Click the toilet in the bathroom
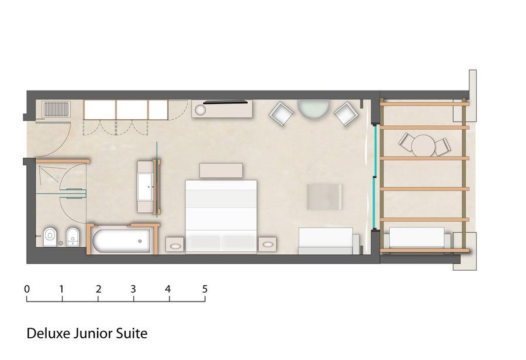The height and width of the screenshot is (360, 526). coord(50,237)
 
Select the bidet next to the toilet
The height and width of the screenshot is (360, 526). coord(73,237)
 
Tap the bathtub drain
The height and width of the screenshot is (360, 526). coord(140,241)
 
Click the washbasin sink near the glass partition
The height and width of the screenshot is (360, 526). coord(146,187)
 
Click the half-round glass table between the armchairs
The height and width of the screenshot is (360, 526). coord(314,109)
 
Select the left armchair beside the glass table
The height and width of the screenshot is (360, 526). coord(281,113)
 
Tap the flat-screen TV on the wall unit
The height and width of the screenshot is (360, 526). coord(226,102)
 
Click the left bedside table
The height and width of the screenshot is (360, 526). coord(175,245)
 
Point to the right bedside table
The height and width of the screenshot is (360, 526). coord(267,245)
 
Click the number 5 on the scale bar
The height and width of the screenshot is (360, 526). coord(205,289)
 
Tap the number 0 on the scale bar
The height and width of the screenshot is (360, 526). coord(27,289)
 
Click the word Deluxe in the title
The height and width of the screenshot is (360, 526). coord(49,334)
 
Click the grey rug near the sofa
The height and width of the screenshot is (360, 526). coord(325,197)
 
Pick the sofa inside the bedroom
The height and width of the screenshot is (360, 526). coord(328,241)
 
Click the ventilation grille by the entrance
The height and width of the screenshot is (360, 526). coord(56,109)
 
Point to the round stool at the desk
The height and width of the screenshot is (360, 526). coord(200,110)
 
